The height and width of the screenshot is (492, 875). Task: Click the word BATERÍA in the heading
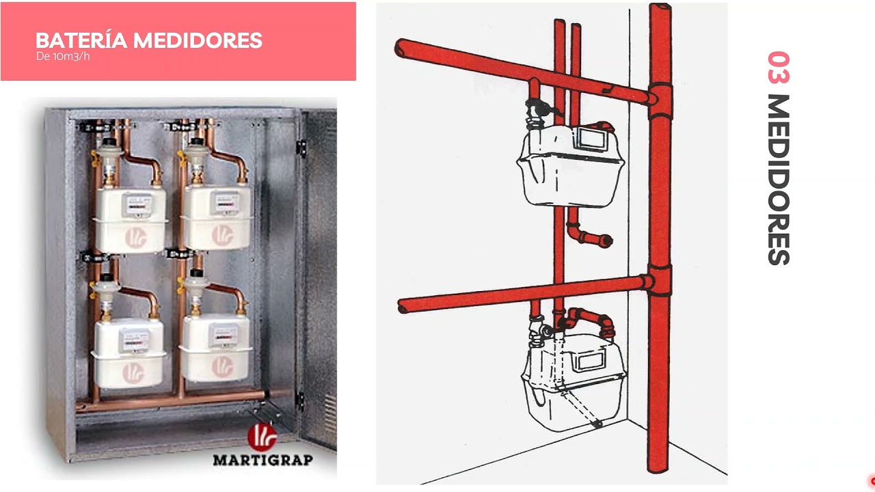(81, 40)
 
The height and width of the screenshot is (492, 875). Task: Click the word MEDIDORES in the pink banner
(198, 40)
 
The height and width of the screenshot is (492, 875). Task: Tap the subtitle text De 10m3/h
(63, 57)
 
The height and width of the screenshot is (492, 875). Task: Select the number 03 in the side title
(779, 67)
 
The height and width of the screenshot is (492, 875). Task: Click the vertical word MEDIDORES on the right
(779, 180)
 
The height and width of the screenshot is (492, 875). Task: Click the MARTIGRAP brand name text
(263, 460)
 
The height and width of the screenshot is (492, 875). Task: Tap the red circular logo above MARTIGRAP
(262, 437)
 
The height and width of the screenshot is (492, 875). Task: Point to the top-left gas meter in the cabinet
(131, 220)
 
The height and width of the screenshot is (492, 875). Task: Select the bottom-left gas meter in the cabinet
(129, 353)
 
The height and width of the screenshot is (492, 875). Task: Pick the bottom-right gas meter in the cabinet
(215, 348)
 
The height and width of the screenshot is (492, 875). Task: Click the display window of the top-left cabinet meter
(138, 204)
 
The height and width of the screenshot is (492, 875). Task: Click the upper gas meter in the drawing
(570, 165)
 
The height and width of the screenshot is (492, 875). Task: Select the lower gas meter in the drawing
(574, 383)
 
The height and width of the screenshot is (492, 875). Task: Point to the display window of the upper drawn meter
(592, 139)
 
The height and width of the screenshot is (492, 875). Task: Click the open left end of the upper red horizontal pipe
(401, 49)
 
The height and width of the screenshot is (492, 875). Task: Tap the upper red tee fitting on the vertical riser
(660, 100)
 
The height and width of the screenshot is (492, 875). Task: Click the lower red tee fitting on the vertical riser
(660, 280)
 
